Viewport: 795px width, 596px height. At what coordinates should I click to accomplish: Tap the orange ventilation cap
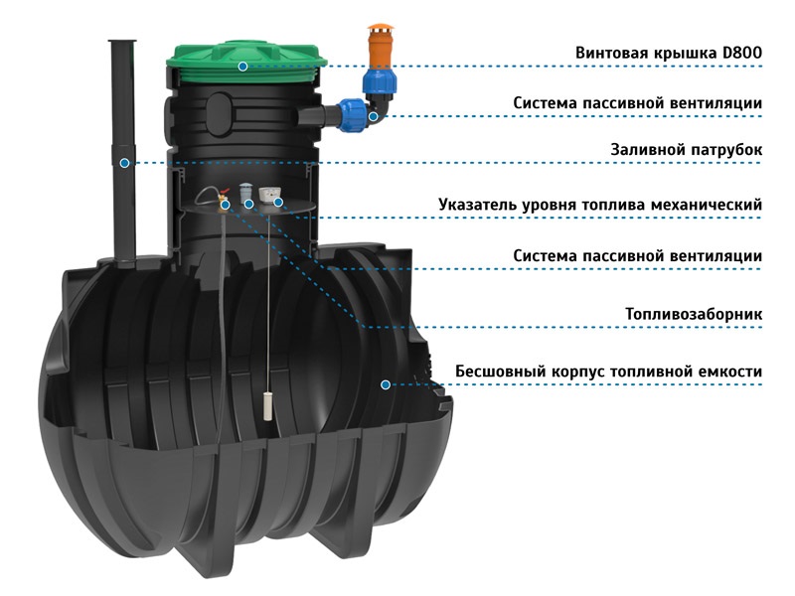(378, 45)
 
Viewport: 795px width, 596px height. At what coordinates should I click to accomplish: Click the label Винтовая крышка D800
(668, 53)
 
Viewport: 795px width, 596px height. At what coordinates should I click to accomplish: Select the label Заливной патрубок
(686, 150)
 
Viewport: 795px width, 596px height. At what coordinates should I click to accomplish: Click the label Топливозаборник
(694, 314)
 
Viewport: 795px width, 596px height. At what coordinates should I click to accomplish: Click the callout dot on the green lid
(242, 66)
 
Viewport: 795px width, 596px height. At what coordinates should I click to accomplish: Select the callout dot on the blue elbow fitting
(374, 116)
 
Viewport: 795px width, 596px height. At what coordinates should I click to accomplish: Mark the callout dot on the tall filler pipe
(124, 163)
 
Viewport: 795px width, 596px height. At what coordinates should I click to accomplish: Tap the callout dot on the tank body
(386, 384)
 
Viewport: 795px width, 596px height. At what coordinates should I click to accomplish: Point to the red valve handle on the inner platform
(222, 195)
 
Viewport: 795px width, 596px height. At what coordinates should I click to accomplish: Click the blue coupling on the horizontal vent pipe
(350, 114)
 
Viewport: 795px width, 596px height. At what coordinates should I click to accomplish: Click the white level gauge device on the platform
(270, 194)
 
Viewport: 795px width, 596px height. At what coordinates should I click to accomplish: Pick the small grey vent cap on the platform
(245, 191)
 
